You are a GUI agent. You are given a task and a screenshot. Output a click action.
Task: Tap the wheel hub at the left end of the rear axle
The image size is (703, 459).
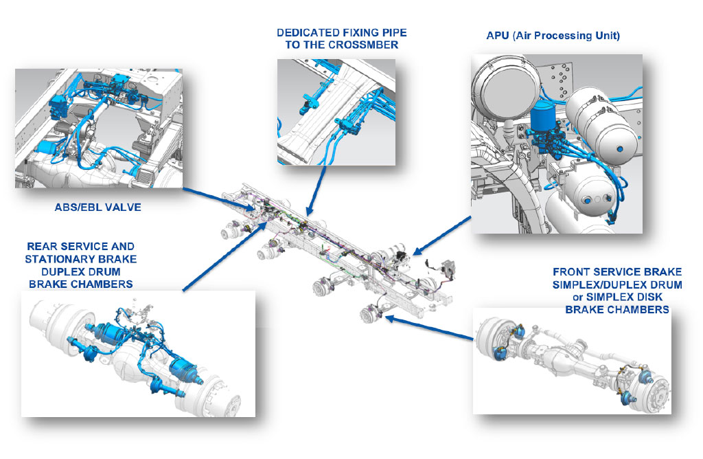pyautogui.click(x=49, y=323)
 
